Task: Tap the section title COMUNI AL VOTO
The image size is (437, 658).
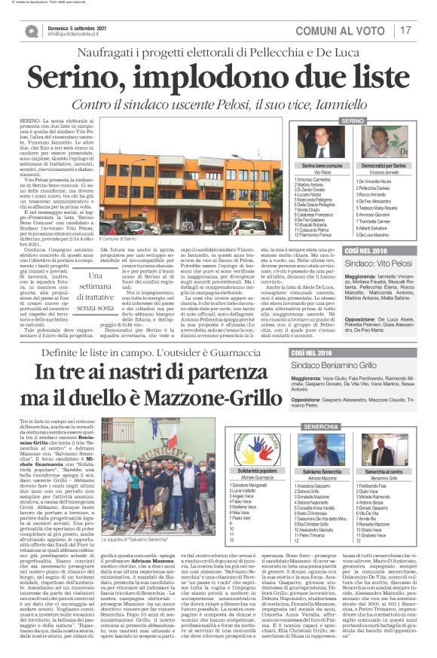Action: pyautogui.click(x=353, y=30)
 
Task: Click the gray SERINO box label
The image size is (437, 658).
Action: pyautogui.click(x=353, y=121)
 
